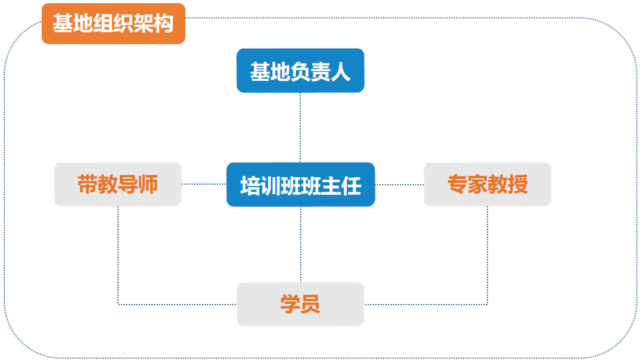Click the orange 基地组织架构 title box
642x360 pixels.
pos(114,23)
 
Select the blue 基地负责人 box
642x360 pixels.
pos(301,71)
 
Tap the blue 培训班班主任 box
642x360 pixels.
pos(301,185)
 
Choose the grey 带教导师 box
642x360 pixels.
pos(118,184)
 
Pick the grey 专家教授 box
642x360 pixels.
pos(487,184)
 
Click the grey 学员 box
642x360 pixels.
pos(301,305)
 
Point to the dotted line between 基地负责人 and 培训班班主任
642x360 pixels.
pos(300,127)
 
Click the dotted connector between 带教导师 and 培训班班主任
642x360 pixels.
pos(204,184)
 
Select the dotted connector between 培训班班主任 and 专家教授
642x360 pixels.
pos(400,185)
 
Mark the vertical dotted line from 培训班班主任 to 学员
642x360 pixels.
pos(301,245)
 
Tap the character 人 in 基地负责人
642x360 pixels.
pos(341,72)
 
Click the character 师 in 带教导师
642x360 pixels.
pos(148,184)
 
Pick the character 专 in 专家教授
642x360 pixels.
pos(457,184)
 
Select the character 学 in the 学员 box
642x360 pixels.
pos(290,305)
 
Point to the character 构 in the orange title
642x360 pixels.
pos(163,23)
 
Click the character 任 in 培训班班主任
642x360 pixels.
pos(351,186)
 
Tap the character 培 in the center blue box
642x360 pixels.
pos(250,186)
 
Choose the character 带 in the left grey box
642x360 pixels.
pos(88,184)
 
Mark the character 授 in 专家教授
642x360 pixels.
pos(518,184)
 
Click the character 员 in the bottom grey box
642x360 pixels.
pos(310,305)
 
